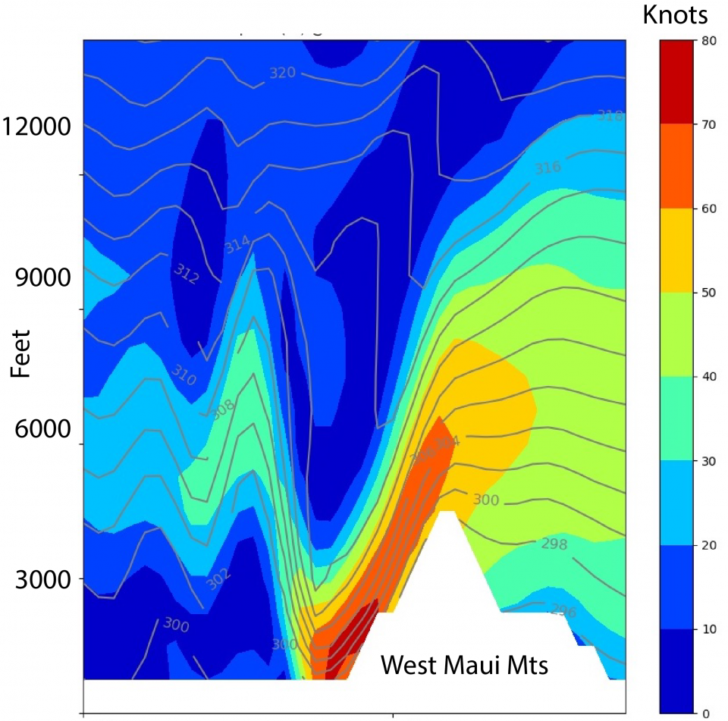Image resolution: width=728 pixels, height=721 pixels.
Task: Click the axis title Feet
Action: pos(20,353)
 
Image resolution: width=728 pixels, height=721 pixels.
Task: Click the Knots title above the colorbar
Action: pos(676,14)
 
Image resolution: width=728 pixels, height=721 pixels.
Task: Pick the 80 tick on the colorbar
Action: pos(709,42)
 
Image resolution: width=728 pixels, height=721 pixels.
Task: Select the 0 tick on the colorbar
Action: pos(706,712)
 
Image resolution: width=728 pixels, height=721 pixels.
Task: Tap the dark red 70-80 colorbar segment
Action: pos(677,81)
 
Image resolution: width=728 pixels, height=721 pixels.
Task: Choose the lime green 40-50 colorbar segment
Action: pos(677,334)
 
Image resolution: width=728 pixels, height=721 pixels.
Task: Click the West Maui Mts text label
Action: pos(464,666)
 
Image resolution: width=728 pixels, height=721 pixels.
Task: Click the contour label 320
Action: pos(282,73)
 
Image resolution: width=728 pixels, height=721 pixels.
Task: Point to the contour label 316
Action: pos(548,168)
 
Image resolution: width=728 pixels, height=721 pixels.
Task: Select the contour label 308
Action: pos(221,409)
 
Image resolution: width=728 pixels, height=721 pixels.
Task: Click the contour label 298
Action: pos(554,544)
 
